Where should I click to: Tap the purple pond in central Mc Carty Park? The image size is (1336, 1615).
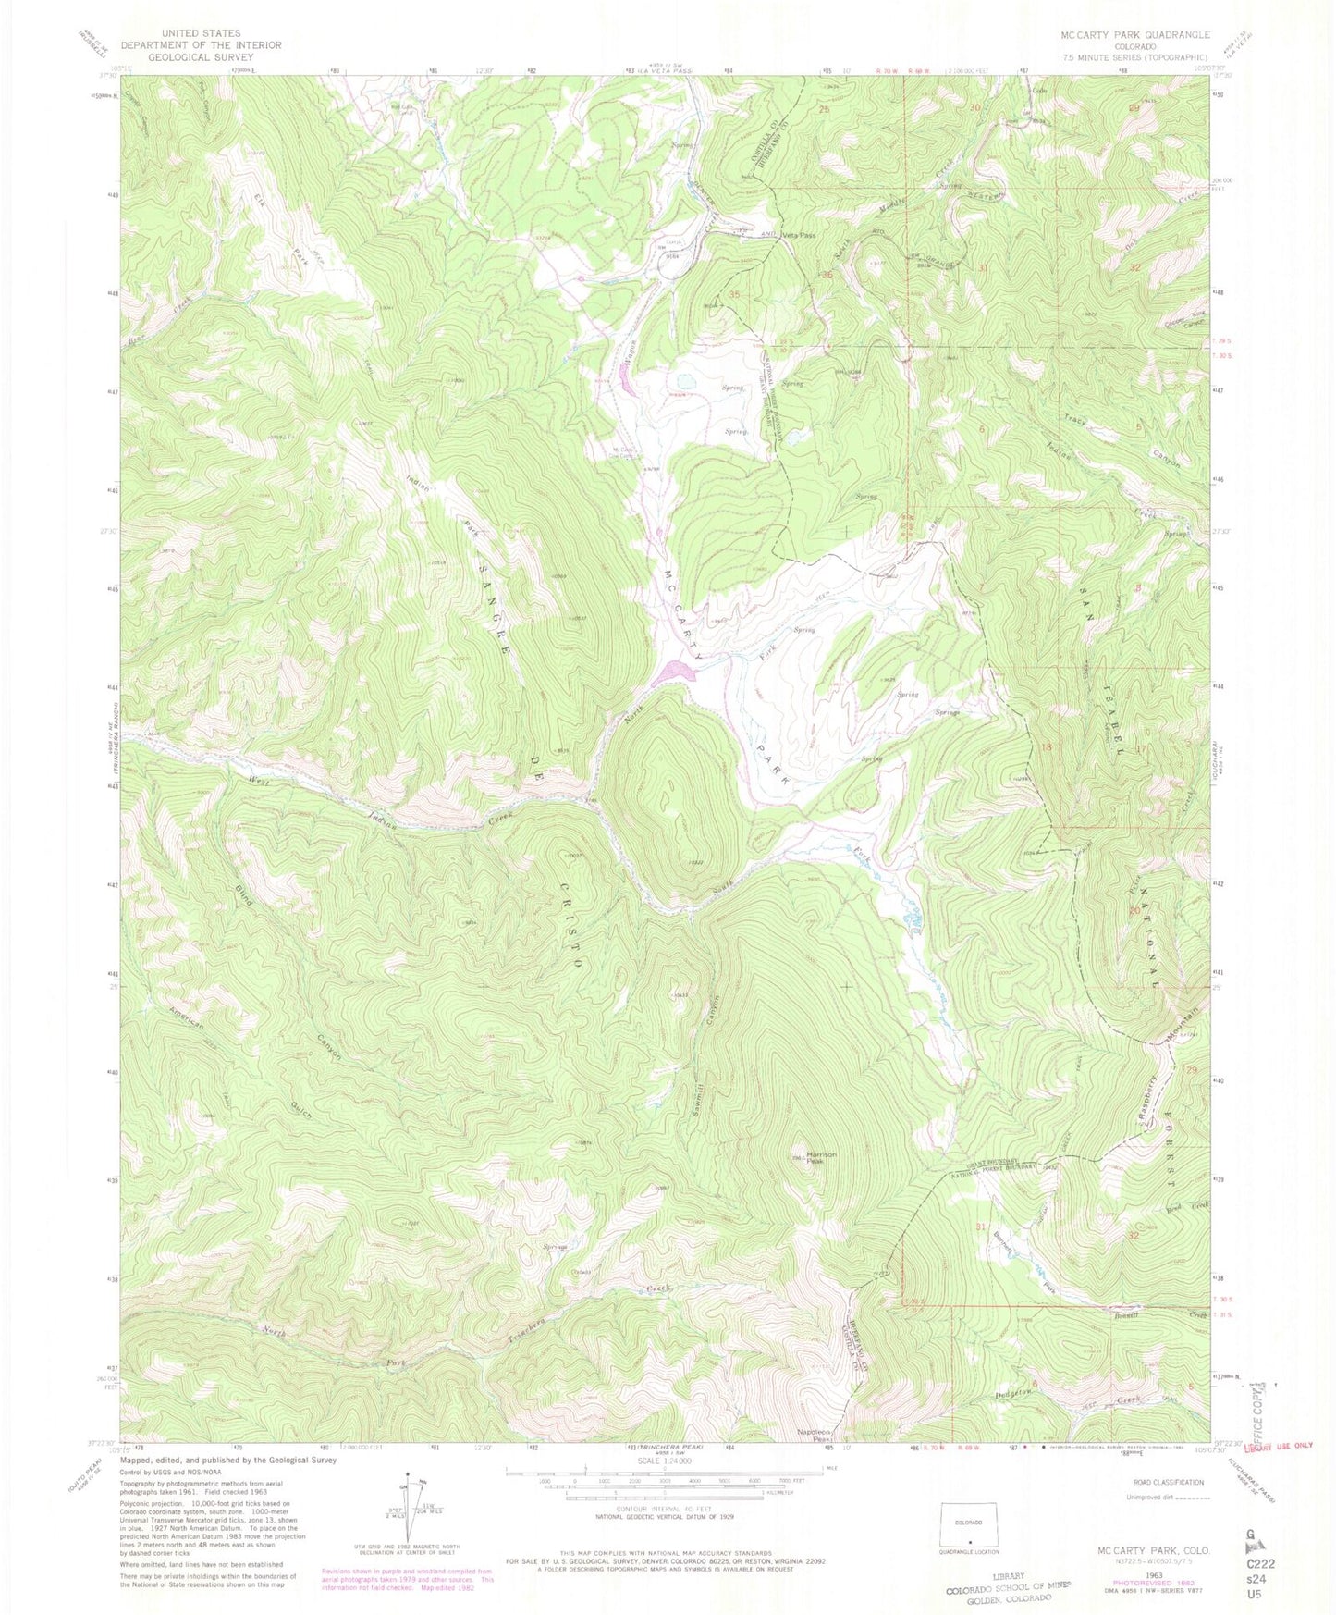click(x=673, y=672)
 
